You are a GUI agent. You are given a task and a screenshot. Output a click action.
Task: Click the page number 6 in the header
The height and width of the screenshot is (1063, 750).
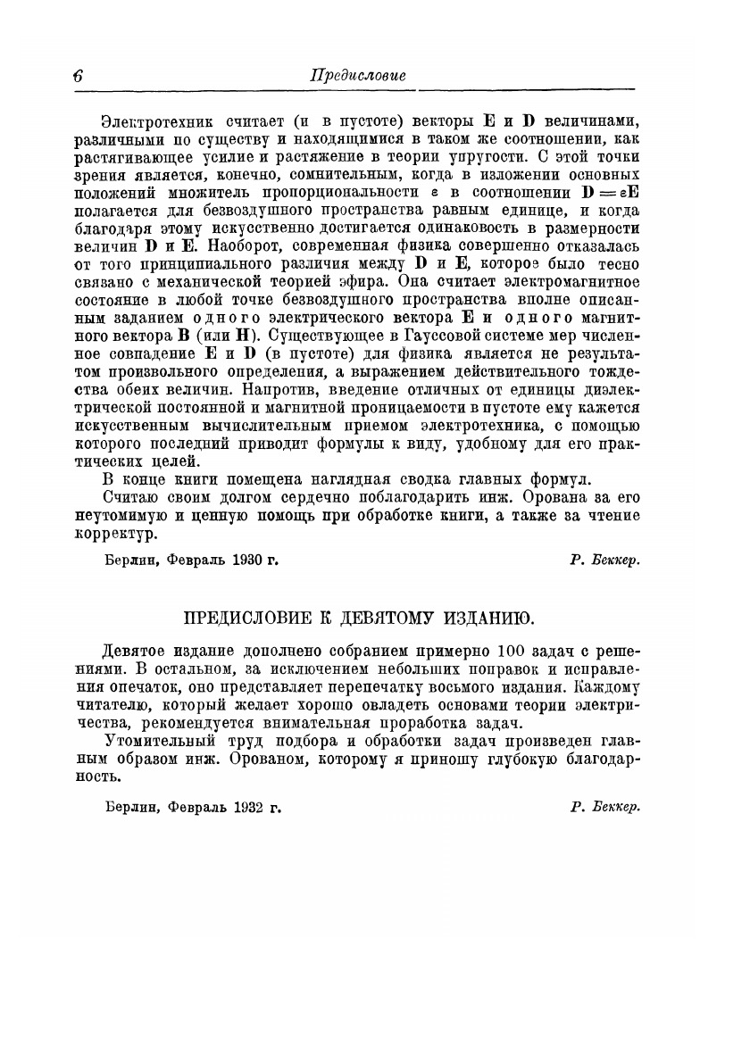click(x=79, y=77)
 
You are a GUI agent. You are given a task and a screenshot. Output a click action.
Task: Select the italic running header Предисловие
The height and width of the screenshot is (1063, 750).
click(x=357, y=77)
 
